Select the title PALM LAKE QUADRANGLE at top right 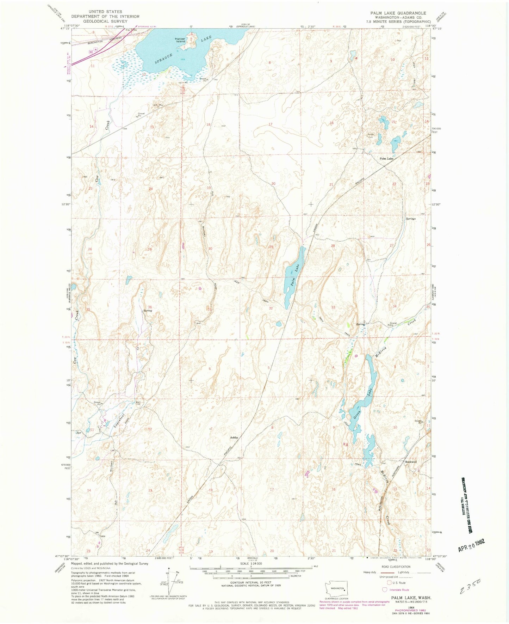tap(398, 13)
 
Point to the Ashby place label tap(234, 438)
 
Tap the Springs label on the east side tap(411, 219)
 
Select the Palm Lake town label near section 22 tap(386, 159)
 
